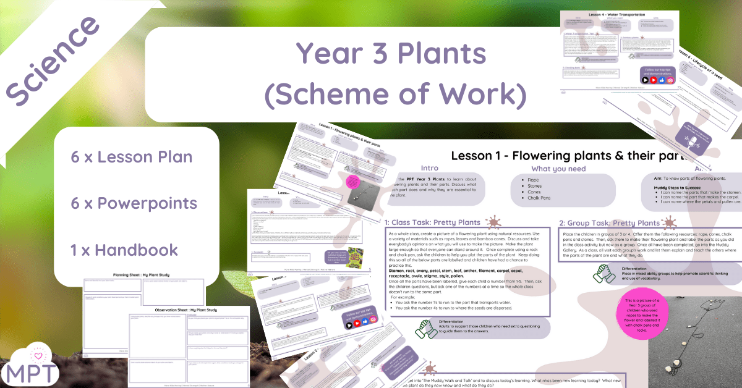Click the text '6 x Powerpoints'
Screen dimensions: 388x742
pos(134,203)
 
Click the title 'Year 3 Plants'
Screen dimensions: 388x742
pos(391,54)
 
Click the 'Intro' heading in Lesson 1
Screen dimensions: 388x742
pos(429,167)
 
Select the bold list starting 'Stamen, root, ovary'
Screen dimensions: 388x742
pos(461,273)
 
